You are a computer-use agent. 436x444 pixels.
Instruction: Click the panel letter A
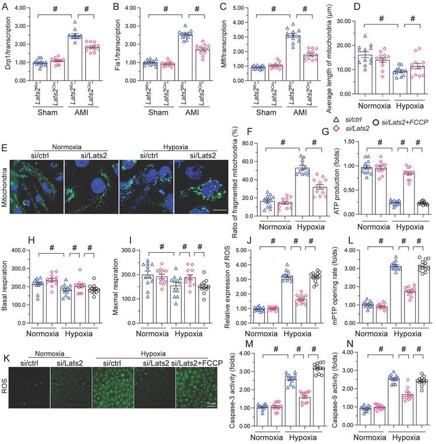point(5,6)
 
